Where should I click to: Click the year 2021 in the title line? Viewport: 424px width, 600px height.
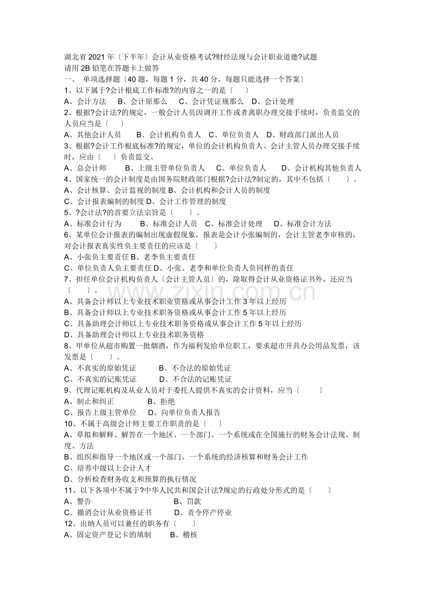(x=96, y=57)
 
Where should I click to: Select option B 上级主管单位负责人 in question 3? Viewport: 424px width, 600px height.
(x=165, y=168)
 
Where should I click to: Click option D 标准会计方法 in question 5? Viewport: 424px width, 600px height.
(x=302, y=224)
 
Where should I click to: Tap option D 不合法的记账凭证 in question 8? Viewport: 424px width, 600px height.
(x=195, y=379)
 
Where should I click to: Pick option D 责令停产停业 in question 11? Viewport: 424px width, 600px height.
(x=203, y=512)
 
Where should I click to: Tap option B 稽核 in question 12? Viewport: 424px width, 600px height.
(x=183, y=535)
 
